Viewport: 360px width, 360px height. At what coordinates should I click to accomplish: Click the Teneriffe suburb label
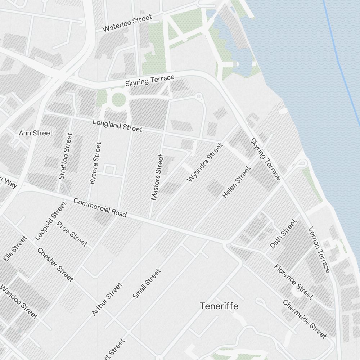pos(219,306)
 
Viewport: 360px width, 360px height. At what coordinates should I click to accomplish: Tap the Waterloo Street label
pos(127,23)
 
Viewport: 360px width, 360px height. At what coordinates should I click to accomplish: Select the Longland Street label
pos(117,125)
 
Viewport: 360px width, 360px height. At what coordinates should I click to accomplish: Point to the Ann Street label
pos(36,133)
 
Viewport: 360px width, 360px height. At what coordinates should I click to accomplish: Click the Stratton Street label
pos(65,156)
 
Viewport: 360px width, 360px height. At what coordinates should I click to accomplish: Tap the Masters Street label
pos(157,177)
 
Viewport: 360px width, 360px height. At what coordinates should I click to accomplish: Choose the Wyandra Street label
pos(205,162)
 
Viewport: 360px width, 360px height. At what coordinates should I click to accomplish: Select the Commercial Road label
pos(100,207)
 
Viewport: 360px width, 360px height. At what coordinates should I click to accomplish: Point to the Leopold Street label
pos(51,221)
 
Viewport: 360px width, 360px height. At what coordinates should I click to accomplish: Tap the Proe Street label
pos(72,234)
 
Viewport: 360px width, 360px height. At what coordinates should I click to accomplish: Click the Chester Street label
pos(55,265)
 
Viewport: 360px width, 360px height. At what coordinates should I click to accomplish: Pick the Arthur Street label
pos(107,299)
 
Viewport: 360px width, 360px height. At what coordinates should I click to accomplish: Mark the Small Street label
pos(147,284)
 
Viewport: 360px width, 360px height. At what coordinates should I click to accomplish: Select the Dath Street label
pos(283,234)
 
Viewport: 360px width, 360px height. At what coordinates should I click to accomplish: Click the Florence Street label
pos(293,282)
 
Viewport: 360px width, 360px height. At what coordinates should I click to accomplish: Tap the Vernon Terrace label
pos(319,249)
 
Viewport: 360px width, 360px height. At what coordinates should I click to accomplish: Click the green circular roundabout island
pos(118,99)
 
